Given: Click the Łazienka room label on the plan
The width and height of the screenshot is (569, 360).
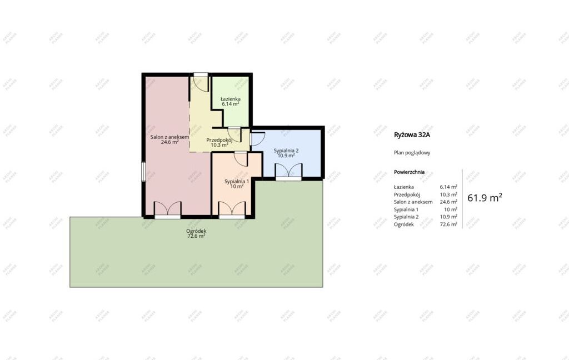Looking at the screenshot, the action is point(231,99).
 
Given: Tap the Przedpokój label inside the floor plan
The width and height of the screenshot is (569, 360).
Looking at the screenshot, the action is point(219,140).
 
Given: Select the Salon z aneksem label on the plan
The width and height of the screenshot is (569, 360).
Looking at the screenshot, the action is point(170,137).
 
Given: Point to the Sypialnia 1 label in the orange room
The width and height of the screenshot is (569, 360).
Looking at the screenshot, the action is point(237,182).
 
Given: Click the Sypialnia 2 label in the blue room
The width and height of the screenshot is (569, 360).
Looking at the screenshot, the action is point(286,151).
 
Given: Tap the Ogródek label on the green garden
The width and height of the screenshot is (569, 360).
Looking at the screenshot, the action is point(196,231).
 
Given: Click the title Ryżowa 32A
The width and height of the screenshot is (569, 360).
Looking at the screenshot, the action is point(412,135).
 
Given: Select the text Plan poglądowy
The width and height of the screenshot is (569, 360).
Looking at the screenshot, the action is point(412,153).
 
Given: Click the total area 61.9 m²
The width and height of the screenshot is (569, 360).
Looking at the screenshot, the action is point(485,198).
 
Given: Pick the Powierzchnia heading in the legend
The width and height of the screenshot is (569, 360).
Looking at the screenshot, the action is point(410,172).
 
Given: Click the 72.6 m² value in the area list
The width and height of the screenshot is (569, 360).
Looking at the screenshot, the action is point(448,224).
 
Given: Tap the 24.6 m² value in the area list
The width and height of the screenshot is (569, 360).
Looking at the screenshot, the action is point(448,202).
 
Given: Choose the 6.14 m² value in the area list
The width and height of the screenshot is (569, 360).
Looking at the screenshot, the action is point(448,187).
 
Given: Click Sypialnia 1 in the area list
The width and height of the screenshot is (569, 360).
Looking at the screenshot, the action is point(406,209).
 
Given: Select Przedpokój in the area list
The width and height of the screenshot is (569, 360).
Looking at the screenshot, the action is point(407,194).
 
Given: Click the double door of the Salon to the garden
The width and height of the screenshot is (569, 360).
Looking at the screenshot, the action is point(168,211).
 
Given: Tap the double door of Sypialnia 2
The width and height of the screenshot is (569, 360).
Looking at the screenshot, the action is point(288,172).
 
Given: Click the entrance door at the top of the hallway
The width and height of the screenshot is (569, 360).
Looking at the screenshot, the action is point(201,82).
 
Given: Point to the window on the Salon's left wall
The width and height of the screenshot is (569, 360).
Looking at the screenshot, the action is point(144,171).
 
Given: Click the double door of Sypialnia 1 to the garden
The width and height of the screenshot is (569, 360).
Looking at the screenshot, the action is point(232,211).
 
